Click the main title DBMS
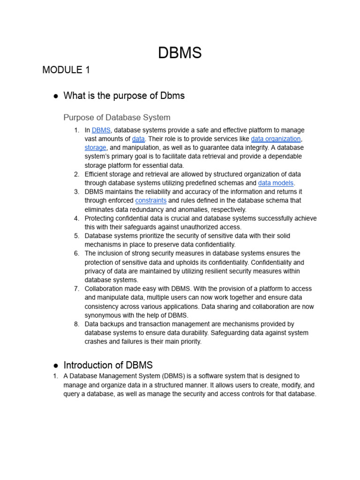tap(180, 53)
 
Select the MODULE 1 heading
tap(66, 70)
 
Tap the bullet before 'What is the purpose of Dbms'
tap(55, 96)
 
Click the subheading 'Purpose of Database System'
tap(117, 117)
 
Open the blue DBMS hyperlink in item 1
tap(101, 130)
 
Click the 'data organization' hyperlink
tap(276, 139)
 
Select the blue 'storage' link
tap(95, 148)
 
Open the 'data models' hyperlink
tap(276, 183)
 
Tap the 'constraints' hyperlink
tap(150, 201)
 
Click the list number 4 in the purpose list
tap(76, 218)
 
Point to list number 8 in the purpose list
tap(76, 324)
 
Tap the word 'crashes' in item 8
tap(96, 342)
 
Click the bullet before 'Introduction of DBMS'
tap(55, 366)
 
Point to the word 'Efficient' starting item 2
tap(98, 174)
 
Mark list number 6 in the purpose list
tap(76, 254)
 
